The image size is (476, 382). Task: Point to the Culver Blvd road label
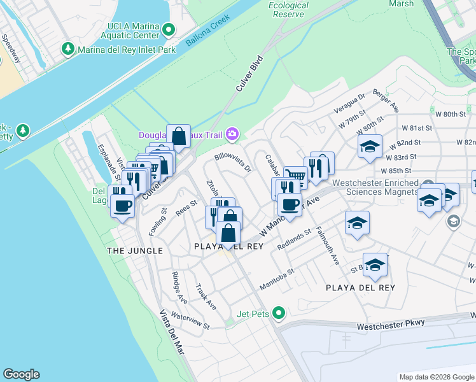[249, 76]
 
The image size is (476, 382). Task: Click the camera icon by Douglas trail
[232, 134]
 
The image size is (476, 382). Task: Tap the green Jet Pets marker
[278, 313]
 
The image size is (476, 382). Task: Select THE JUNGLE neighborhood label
[135, 251]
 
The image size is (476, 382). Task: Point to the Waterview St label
[190, 321]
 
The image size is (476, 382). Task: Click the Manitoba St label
[276, 280]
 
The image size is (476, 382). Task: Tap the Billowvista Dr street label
[234, 161]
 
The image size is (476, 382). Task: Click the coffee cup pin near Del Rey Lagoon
[122, 205]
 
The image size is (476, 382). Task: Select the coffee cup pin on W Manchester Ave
[290, 205]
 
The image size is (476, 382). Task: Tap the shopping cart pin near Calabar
[294, 176]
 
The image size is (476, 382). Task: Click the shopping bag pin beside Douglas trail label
[179, 136]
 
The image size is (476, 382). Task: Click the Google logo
[21, 374]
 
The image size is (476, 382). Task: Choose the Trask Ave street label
[206, 297]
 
